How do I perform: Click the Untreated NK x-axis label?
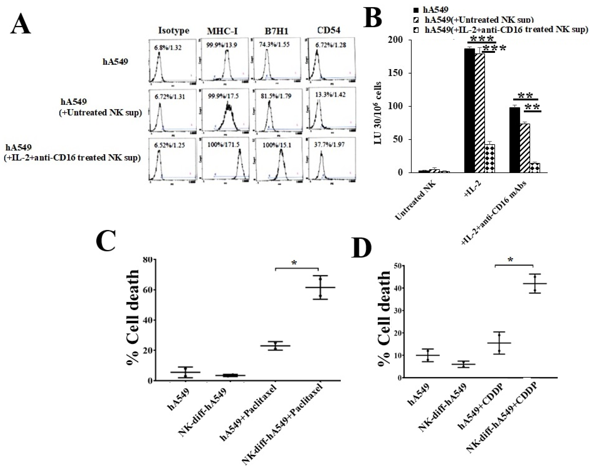click(412, 203)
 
